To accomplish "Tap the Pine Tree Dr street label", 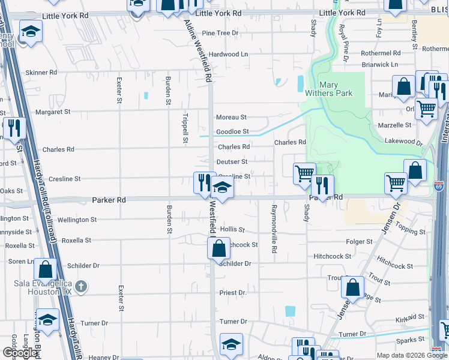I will [x=220, y=33].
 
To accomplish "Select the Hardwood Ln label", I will [x=228, y=54].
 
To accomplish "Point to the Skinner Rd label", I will [x=41, y=72].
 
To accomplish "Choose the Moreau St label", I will [x=232, y=117].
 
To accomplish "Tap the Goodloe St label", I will [x=232, y=131].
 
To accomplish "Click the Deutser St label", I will [x=232, y=161].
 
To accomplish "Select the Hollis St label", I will [x=233, y=230].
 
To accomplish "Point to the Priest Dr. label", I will [x=233, y=293].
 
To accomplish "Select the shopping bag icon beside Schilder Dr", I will [x=219, y=248].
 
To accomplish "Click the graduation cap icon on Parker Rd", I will [x=222, y=189].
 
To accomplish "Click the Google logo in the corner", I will [x=19, y=353].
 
